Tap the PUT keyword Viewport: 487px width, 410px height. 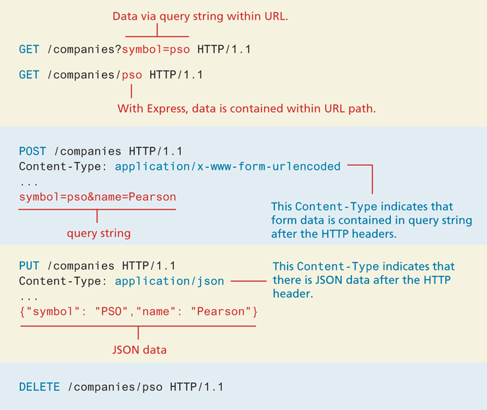coord(30,267)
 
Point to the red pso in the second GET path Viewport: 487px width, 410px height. coord(132,75)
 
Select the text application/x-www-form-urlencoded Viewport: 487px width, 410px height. coord(228,167)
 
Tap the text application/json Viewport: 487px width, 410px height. coord(169,281)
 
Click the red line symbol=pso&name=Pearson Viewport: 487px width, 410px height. coord(97,197)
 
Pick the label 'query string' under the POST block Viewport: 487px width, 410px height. coord(98,233)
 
